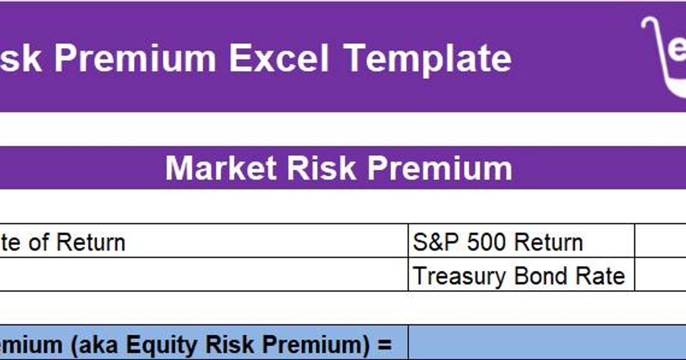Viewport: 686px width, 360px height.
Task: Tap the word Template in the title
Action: point(428,58)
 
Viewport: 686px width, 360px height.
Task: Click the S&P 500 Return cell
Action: point(521,243)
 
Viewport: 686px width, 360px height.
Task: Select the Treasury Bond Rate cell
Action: point(521,277)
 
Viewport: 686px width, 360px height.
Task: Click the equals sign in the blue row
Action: point(384,345)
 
